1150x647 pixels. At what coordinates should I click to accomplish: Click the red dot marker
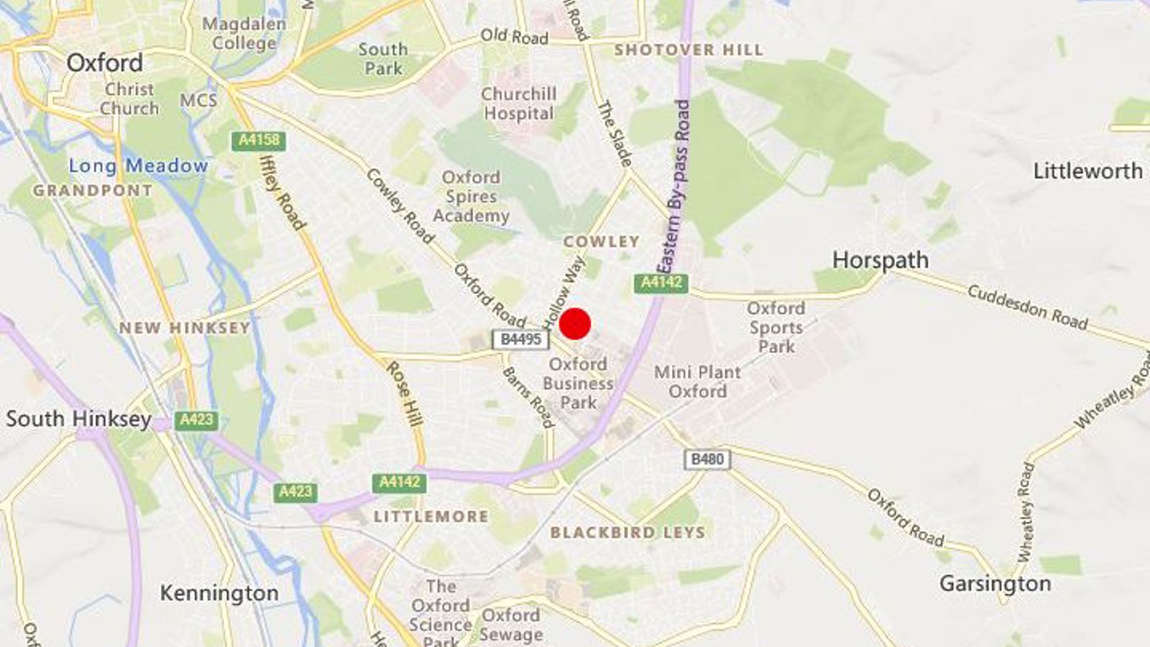[x=575, y=323]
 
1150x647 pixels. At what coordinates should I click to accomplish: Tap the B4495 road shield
[x=520, y=339]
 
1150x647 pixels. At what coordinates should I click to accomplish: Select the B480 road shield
[x=707, y=459]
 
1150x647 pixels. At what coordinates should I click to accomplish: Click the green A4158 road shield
[x=259, y=140]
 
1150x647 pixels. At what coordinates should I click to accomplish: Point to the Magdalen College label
[x=244, y=34]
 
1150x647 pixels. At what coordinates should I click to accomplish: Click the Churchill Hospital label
[x=518, y=104]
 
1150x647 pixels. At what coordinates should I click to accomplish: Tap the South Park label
[x=383, y=59]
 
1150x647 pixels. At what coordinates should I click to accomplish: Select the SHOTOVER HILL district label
[x=689, y=50]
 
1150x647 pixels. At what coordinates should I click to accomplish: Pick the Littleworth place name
[x=1087, y=171]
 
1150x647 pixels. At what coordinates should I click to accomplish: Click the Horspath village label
[x=880, y=260]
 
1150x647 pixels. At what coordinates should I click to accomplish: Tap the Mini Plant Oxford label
[x=697, y=382]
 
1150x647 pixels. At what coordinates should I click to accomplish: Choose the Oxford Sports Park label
[x=776, y=327]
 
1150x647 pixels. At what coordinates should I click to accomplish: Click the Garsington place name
[x=995, y=584]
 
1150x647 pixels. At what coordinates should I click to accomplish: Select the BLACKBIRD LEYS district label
[x=627, y=533]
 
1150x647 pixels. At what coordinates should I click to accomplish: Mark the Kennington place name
[x=219, y=593]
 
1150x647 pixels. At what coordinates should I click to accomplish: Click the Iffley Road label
[x=282, y=192]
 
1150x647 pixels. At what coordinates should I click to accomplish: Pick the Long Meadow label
[x=138, y=166]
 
